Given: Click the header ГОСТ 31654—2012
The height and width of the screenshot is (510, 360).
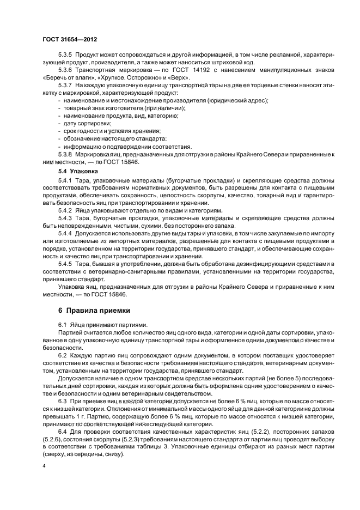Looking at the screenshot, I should click(70, 40).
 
